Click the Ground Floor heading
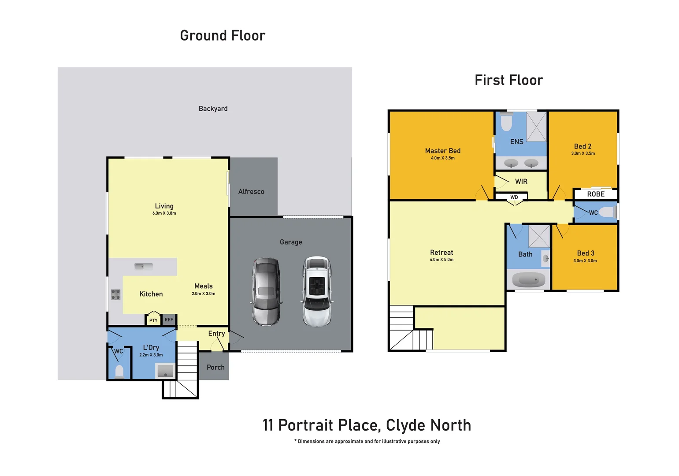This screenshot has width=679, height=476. tap(223, 36)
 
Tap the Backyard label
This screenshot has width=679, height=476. tap(213, 108)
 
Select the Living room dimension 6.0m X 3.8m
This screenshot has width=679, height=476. tap(164, 213)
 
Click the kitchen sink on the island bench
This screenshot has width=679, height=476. tap(143, 266)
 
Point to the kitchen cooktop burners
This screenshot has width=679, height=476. tap(115, 294)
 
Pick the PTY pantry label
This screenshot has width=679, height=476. tap(153, 320)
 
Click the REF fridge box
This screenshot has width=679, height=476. tap(169, 320)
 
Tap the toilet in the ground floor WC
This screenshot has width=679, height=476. tap(119, 371)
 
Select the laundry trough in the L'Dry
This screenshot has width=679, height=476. tap(165, 371)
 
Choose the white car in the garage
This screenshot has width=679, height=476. tap(317, 291)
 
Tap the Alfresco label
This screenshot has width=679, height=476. tap(251, 192)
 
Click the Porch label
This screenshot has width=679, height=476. tap(215, 367)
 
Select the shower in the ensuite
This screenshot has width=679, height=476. tap(536, 126)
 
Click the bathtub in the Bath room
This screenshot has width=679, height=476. tap(528, 280)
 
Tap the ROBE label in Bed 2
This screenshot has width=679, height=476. tap(596, 194)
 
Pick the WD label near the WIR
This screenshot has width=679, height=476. tap(514, 197)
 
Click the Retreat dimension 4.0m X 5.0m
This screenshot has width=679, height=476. tap(442, 260)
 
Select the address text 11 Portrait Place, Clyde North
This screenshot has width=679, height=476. tap(367, 425)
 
